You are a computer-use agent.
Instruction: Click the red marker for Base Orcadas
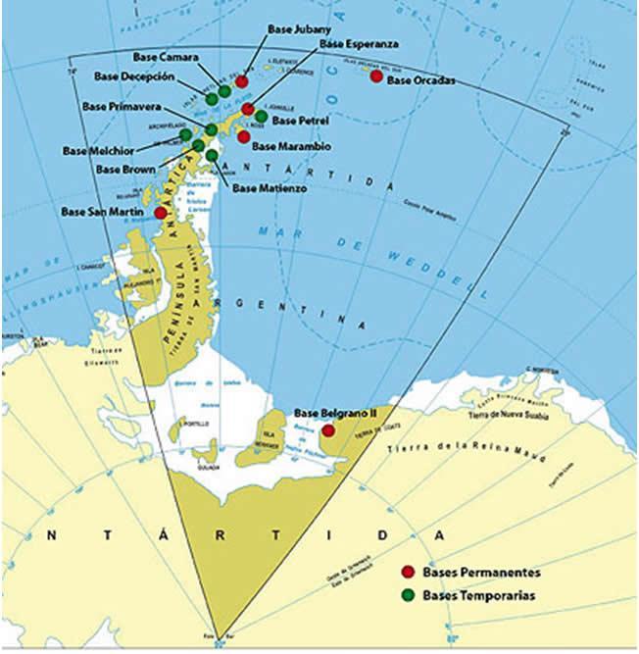pos(376,75)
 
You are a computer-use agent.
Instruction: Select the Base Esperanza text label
pos(360,44)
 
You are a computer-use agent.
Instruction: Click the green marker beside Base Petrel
pos(261,116)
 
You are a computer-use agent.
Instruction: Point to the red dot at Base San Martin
pos(161,212)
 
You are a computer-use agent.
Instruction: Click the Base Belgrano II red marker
pos(328,429)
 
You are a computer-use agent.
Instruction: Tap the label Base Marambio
pos(292,146)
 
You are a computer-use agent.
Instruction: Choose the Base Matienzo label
pos(270,187)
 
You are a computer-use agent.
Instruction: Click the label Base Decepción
pos(135,75)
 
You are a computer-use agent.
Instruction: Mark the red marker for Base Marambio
pos(243,136)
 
